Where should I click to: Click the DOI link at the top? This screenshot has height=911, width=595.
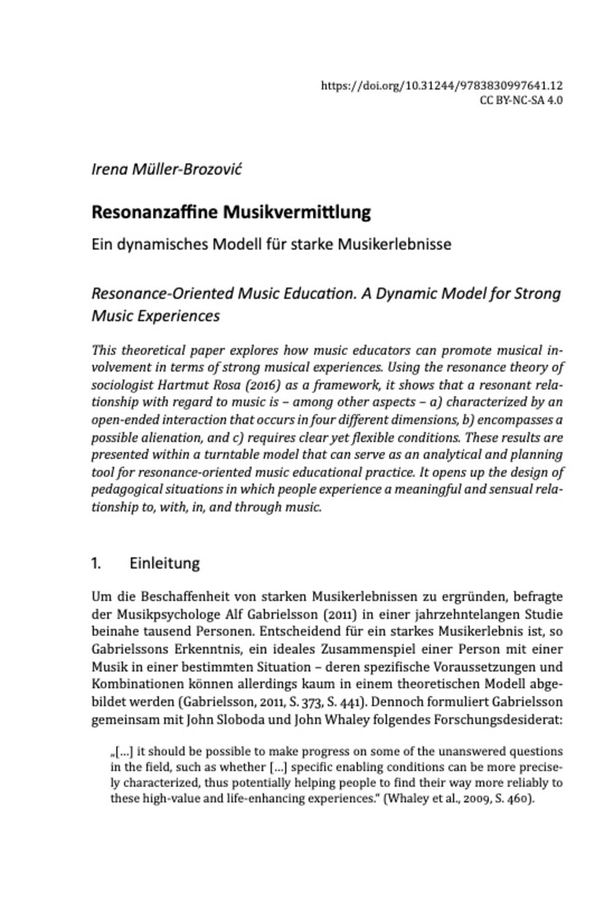442,87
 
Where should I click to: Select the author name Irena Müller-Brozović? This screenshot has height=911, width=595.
167,169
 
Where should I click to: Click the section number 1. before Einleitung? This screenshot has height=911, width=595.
96,563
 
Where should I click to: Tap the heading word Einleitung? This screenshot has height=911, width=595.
164,563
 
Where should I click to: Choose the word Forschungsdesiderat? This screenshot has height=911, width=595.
498,719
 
